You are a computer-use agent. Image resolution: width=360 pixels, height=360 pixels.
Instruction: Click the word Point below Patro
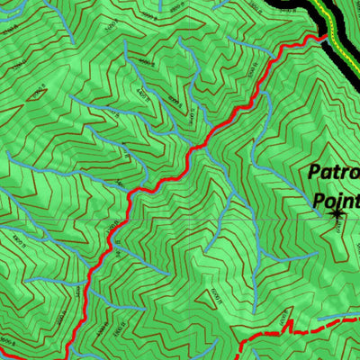coord(337,200)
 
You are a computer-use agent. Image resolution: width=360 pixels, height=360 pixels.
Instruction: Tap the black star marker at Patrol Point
coord(337,213)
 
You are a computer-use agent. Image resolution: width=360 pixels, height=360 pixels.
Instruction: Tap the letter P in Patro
coord(314,172)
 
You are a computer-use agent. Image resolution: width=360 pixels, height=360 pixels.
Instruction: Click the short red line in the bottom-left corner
coord(7,356)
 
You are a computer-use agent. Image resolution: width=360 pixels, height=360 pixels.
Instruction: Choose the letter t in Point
coord(357,200)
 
